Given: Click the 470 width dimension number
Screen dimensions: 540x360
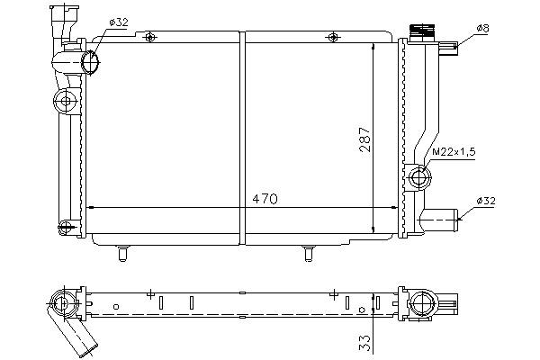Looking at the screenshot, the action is [265, 199].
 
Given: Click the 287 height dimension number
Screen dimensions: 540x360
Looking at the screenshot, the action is [364, 139].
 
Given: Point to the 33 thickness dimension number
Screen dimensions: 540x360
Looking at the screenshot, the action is [364, 343].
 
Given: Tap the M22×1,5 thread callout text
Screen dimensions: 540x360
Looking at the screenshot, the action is [454, 152].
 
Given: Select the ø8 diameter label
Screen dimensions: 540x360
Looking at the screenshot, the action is [482, 28].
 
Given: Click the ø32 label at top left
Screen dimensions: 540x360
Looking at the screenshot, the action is [119, 22].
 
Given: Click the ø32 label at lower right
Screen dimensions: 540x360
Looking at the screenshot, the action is [486, 201].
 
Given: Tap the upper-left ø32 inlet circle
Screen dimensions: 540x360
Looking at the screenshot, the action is [90, 63].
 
